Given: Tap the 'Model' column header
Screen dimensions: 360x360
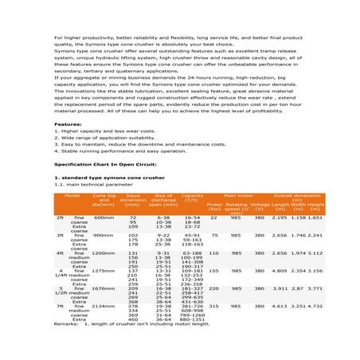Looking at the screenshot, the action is (x=72, y=194).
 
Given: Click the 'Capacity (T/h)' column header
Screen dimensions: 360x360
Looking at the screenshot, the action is (x=192, y=197).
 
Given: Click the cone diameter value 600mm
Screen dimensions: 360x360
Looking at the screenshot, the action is (x=104, y=217).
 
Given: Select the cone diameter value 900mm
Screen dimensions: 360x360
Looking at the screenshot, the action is (x=104, y=236).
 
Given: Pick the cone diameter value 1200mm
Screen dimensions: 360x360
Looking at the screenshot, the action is (x=104, y=252).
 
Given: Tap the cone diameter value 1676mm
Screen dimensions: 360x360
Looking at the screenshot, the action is (x=104, y=288).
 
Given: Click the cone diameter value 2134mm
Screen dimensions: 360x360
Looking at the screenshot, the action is (x=104, y=305).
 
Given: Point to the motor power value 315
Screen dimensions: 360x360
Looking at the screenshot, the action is (x=213, y=305).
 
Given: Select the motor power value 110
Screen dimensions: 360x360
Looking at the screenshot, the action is (x=213, y=252).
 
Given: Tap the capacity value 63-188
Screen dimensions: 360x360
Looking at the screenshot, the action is (x=192, y=252).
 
